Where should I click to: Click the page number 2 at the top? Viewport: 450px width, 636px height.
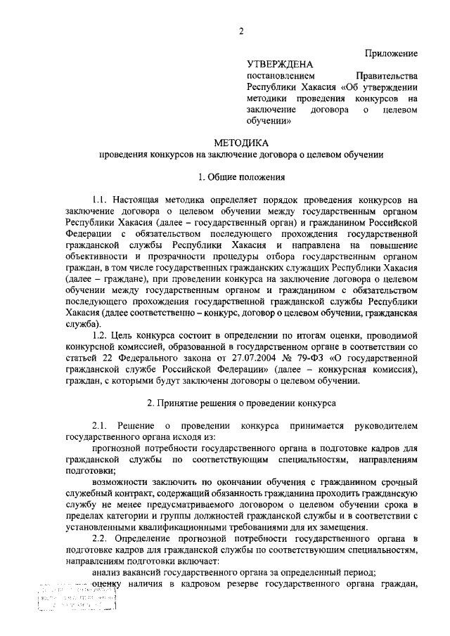[240, 31]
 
